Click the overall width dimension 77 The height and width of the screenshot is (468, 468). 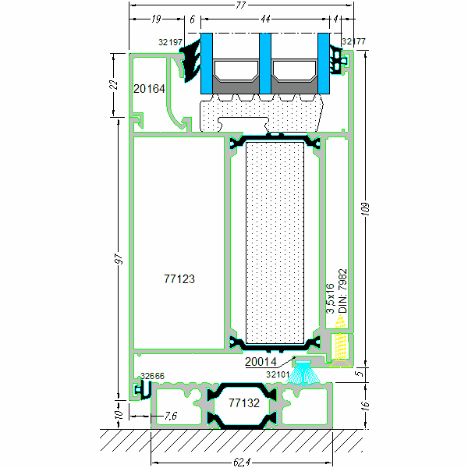240,5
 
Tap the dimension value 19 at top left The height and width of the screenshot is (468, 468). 157,18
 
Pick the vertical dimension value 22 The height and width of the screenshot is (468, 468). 113,85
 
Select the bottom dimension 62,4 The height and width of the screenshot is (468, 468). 240,460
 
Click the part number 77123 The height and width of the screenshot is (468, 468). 179,278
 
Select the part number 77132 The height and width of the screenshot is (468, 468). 243,403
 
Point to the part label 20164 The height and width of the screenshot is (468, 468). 149,89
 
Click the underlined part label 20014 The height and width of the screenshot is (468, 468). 260,362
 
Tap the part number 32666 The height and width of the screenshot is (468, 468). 152,376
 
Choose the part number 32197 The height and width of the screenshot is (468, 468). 169,41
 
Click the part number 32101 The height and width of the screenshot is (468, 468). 278,374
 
